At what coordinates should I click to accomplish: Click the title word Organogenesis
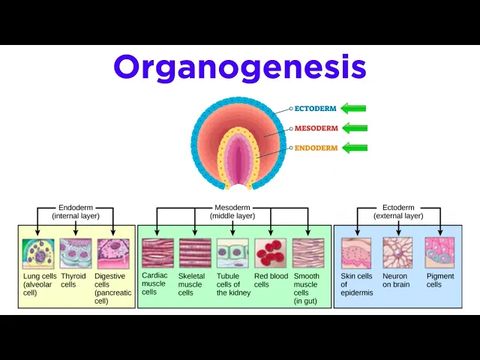[240, 68]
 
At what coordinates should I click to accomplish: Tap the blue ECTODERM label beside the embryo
[315, 108]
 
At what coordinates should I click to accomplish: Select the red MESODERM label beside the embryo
[316, 128]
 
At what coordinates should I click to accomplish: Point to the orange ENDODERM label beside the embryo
[316, 148]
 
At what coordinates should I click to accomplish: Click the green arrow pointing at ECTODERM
[353, 108]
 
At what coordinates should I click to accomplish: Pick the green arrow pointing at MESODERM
[355, 128]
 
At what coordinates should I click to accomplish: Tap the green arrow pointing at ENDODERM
[355, 148]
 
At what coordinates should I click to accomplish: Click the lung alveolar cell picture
[38, 253]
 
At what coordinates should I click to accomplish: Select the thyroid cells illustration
[76, 253]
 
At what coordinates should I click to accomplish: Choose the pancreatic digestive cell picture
[113, 253]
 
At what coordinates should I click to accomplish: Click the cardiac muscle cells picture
[157, 253]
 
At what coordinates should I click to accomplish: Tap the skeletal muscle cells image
[195, 253]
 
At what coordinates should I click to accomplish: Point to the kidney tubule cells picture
[232, 253]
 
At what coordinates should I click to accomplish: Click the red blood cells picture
[270, 253]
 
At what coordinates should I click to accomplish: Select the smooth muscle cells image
[308, 253]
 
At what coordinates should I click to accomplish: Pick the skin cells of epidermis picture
[356, 253]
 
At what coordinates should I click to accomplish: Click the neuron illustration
[397, 253]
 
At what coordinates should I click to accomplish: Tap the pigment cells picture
[439, 253]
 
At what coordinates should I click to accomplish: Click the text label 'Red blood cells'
[271, 280]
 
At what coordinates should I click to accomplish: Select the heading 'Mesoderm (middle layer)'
[232, 211]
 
